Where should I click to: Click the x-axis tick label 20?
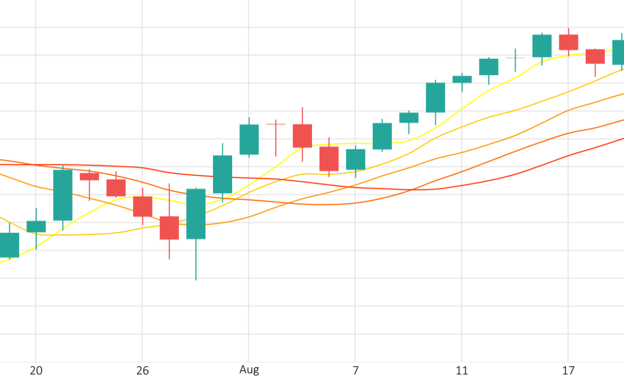(36, 371)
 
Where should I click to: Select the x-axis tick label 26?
(142, 371)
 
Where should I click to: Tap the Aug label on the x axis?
(249, 370)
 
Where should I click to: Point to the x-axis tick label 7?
(355, 371)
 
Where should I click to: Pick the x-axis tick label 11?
(462, 371)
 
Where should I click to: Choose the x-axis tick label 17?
(568, 371)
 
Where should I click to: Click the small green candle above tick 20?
(36, 226)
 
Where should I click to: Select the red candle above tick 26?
(142, 207)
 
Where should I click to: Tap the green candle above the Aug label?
(249, 139)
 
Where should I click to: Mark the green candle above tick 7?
(355, 159)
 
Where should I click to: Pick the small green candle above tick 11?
(462, 79)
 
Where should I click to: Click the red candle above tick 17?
(568, 42)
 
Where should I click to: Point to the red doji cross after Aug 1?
(276, 124)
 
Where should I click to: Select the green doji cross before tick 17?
(515, 58)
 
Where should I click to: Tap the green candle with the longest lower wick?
(196, 214)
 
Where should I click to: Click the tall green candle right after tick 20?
(62, 195)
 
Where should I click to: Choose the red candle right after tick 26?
(169, 228)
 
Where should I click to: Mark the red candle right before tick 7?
(329, 159)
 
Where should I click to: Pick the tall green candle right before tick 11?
(435, 98)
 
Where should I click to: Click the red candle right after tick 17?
(595, 56)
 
